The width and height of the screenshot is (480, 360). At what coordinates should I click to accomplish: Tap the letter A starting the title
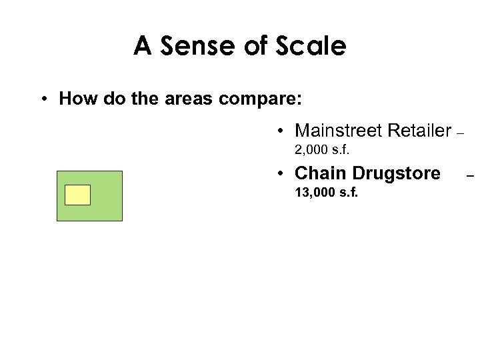click(142, 47)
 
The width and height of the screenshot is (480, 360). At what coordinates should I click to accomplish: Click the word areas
click(187, 99)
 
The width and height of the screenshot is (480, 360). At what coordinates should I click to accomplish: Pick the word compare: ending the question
click(261, 99)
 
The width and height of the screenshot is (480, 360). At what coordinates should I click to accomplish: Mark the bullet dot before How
click(42, 100)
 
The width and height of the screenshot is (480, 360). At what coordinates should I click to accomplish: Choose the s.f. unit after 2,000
click(341, 149)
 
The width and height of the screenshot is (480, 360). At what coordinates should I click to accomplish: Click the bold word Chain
click(320, 173)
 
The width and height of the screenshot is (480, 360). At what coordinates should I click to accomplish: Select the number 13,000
click(315, 193)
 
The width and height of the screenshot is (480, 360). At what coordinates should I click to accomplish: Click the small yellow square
click(77, 195)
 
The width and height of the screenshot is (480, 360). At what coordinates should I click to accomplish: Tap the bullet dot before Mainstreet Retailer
click(283, 131)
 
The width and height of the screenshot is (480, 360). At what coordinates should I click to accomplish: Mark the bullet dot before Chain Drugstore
click(283, 174)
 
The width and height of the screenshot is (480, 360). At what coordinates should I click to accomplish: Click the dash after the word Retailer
click(459, 133)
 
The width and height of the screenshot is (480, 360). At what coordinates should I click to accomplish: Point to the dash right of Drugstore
click(470, 177)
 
